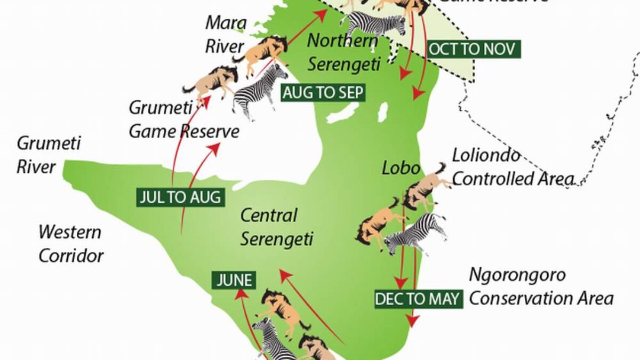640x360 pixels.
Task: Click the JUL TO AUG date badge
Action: click(179, 197)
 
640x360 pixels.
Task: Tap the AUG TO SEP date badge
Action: click(323, 93)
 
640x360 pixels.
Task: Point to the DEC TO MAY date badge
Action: click(417, 299)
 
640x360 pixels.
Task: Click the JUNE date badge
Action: click(233, 280)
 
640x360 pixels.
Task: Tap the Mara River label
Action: click(226, 35)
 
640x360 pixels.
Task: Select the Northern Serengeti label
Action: click(344, 52)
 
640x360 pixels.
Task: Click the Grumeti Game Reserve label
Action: click(183, 119)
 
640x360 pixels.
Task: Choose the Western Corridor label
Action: click(71, 244)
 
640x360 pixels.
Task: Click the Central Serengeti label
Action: click(276, 227)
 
